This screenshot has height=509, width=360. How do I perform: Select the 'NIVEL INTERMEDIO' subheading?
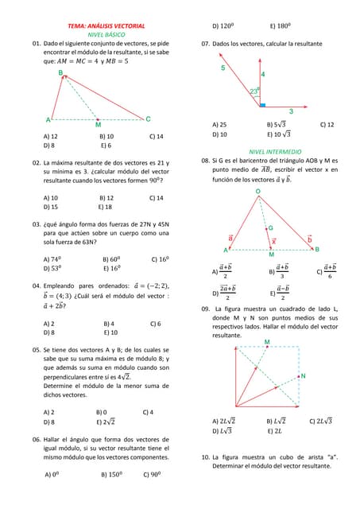point(275,151)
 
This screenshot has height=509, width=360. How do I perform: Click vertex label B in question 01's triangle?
point(61,72)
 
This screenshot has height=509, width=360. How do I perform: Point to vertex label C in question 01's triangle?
point(148,119)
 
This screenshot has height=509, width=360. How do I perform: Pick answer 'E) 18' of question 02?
point(105,207)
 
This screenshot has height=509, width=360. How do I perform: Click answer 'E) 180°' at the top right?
point(281,25)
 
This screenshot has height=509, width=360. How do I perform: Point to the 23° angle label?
point(254,91)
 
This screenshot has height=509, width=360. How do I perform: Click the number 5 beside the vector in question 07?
point(223,68)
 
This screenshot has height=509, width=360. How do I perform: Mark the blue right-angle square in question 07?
point(262,104)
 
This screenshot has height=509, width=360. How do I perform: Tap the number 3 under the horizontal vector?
point(290,111)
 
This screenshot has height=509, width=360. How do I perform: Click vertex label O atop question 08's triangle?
point(257,192)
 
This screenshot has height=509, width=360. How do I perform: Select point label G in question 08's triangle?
point(270,228)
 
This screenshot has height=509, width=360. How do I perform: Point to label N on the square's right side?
point(303,375)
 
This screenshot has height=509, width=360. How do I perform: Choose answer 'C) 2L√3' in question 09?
point(320,421)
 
